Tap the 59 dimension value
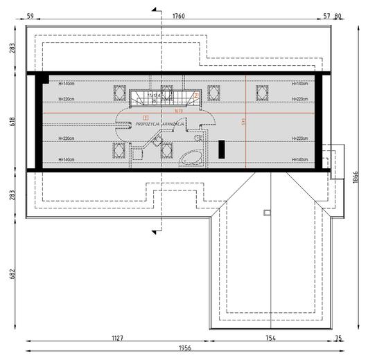click(30, 15)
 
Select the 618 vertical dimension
click(12, 121)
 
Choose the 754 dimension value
click(270, 339)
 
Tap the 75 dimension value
click(338, 339)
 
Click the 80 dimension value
click(338, 15)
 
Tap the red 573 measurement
click(243, 122)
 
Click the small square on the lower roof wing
click(267, 213)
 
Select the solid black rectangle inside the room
click(222, 150)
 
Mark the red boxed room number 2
click(196, 96)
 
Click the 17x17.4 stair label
click(155, 96)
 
